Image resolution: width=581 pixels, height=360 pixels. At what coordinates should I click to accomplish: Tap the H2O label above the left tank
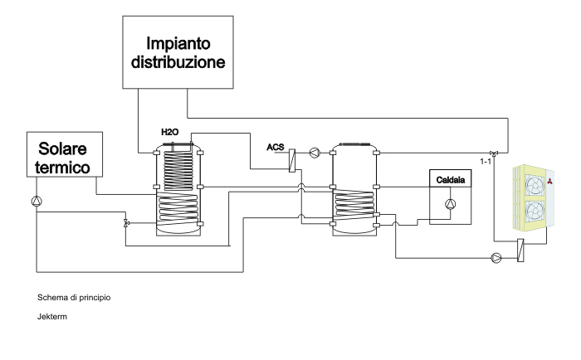pyautogui.click(x=170, y=132)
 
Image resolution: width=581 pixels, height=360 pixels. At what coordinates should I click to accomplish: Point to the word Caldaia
pyautogui.click(x=447, y=179)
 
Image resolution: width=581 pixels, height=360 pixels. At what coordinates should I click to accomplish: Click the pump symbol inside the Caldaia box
pyautogui.click(x=450, y=204)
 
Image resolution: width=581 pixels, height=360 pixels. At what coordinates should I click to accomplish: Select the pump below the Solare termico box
pyautogui.click(x=36, y=201)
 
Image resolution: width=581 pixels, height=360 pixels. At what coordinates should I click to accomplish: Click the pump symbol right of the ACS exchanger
pyautogui.click(x=314, y=153)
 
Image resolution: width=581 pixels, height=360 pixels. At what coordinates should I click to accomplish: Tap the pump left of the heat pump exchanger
pyautogui.click(x=496, y=257)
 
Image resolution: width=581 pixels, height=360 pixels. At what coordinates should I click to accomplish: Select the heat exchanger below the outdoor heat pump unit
pyautogui.click(x=520, y=251)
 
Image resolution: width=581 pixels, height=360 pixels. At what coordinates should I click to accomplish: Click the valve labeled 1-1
pyautogui.click(x=495, y=153)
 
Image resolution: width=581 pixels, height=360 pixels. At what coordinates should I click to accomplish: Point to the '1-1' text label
pyautogui.click(x=486, y=163)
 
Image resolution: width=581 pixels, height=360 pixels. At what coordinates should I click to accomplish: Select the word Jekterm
pyautogui.click(x=52, y=315)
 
